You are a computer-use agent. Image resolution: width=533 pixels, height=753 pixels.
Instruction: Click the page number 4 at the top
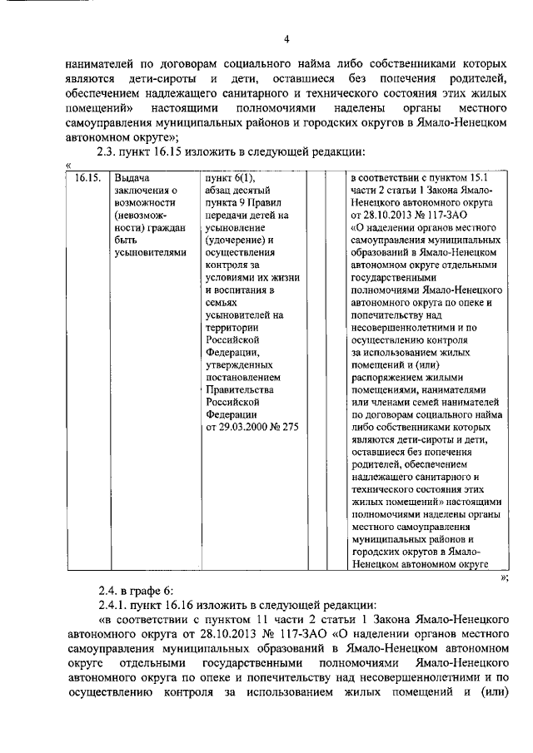pos(286,39)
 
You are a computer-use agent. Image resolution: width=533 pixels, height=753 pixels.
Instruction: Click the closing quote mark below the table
pos(505,576)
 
